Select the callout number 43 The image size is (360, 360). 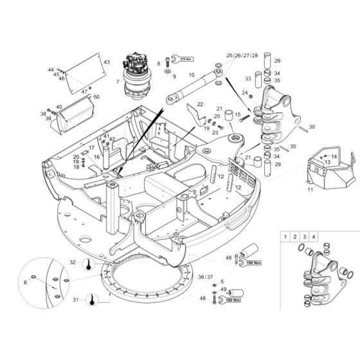(107, 62)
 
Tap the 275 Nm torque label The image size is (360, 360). (185, 58)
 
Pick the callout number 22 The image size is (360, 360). (199, 104)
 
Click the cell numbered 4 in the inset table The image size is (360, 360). (314, 237)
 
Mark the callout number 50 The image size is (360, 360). (96, 97)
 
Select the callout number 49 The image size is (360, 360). (222, 290)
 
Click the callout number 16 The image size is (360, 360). (96, 157)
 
